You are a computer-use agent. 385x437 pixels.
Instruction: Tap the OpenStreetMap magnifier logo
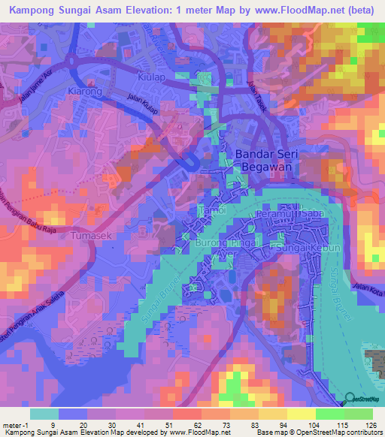click(x=350, y=399)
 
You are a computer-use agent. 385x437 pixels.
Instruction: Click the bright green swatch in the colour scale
click(x=330, y=414)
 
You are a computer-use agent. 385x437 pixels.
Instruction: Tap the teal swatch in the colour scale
click(x=44, y=414)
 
